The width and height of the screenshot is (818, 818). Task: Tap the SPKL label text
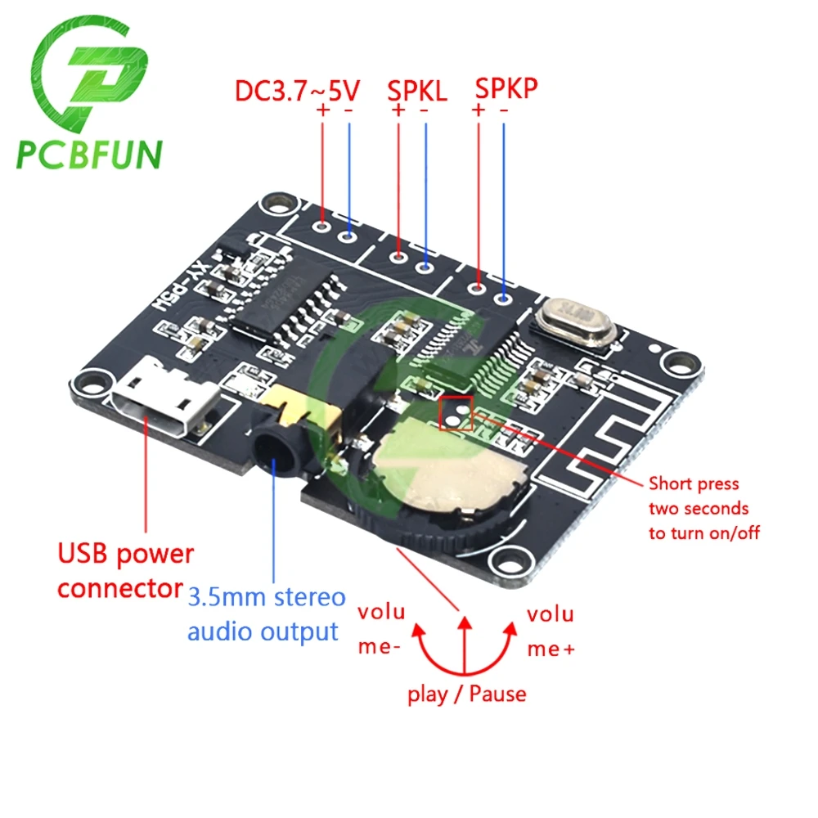point(416,90)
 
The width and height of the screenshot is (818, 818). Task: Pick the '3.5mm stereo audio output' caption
point(267,613)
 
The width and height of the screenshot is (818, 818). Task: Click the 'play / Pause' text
point(467,694)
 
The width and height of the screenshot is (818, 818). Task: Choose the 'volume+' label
point(551,630)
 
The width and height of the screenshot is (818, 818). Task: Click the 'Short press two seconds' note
point(703,508)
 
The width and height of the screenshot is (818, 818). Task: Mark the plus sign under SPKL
point(398,110)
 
